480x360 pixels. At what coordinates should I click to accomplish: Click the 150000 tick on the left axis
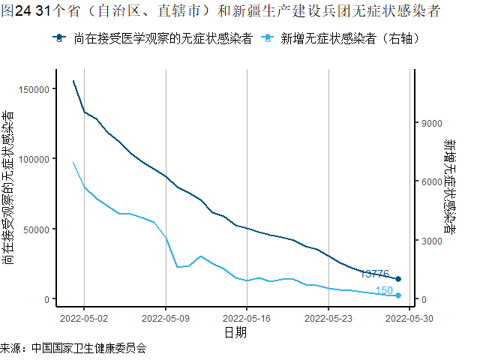click(35, 89)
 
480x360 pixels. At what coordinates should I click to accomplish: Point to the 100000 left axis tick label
click(35, 159)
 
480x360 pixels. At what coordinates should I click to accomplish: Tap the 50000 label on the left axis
click(37, 229)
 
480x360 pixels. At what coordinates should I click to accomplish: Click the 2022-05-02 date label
click(84, 318)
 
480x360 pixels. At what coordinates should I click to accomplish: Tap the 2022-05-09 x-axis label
click(166, 318)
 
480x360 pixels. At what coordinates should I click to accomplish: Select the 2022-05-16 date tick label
click(247, 318)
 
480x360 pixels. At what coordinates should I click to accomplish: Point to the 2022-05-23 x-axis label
click(328, 318)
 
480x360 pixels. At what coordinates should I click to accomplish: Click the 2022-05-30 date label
click(409, 318)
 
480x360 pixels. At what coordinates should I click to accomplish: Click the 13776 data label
click(375, 274)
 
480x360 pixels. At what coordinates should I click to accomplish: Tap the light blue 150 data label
click(383, 291)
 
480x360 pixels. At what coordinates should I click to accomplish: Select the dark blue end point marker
click(398, 279)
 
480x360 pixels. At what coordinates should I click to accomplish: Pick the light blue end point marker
click(398, 295)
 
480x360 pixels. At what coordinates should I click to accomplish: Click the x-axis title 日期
click(235, 332)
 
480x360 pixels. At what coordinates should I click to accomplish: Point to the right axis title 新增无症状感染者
click(448, 187)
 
